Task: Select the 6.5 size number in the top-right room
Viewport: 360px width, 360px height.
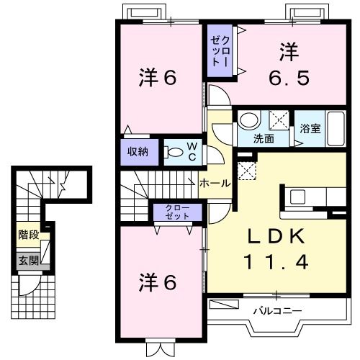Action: tap(289, 76)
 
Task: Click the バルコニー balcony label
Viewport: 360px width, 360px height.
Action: tap(276, 311)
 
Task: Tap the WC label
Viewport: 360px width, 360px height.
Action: tap(194, 151)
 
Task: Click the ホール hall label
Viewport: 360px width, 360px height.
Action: tap(215, 184)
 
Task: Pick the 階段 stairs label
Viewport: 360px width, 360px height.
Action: tap(29, 235)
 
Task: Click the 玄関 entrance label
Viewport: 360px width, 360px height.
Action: tap(29, 261)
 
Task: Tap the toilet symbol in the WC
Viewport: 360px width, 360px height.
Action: tap(174, 152)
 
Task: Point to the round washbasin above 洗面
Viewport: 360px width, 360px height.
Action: tap(248, 120)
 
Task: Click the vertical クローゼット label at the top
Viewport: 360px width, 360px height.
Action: tap(220, 49)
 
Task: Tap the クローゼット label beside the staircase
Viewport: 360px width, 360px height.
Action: tap(178, 212)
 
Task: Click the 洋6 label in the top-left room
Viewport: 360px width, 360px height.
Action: tap(157, 78)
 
